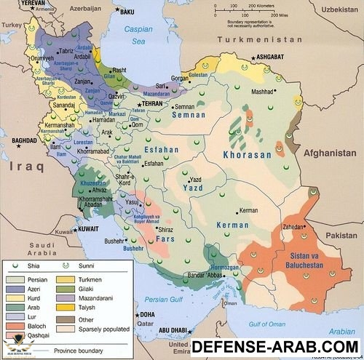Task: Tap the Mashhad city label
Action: pos(264,92)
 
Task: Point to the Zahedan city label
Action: pos(290,227)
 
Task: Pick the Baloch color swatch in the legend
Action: pos(14,327)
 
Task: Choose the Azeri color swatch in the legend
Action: pos(14,289)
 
